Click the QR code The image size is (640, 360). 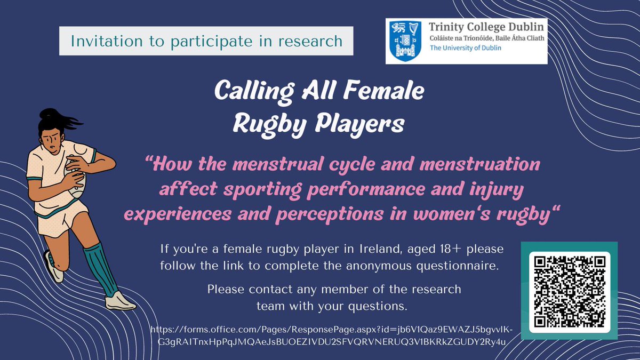(x=569, y=291)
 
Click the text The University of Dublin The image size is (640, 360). (x=465, y=48)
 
